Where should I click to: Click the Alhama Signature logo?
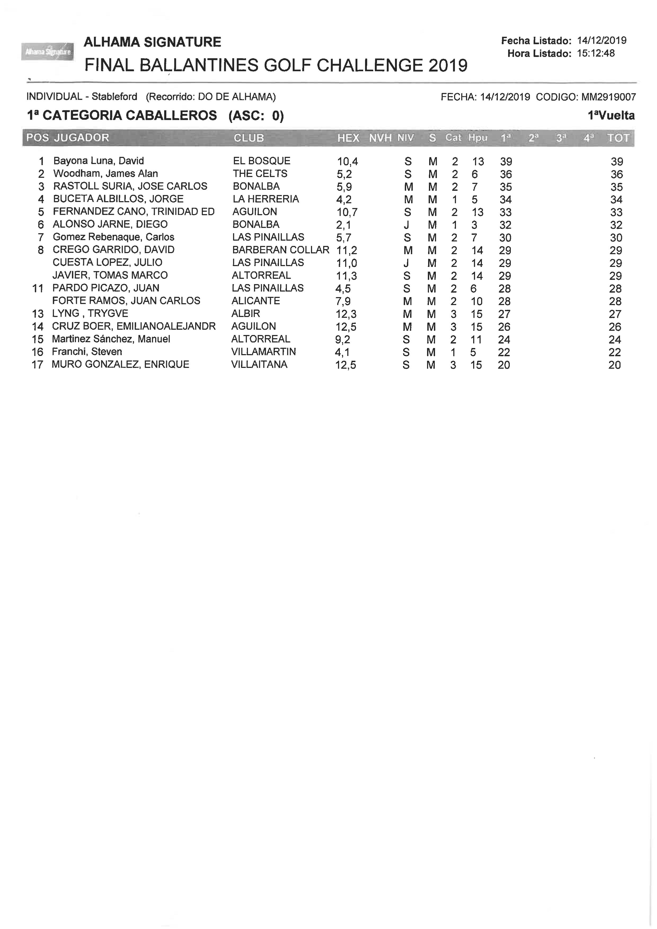click(47, 52)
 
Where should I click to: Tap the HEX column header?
click(348, 138)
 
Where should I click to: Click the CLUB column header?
click(249, 138)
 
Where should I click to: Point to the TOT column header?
click(618, 138)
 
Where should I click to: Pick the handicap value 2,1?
click(344, 225)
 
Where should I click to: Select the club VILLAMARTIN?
click(263, 352)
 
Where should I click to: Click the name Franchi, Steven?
click(87, 352)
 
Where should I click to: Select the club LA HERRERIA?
click(265, 199)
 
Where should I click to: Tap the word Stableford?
click(114, 97)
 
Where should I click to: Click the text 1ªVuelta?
click(611, 116)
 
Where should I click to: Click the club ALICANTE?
click(256, 301)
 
